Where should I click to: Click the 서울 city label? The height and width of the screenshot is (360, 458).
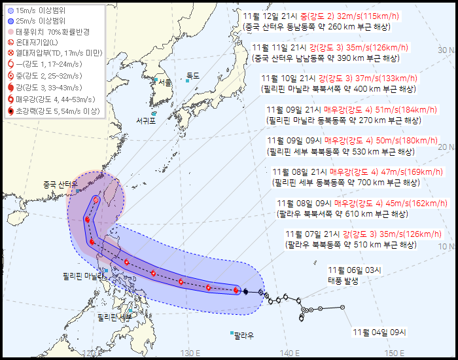[165, 82]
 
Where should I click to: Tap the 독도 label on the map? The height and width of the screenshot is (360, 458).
[193, 76]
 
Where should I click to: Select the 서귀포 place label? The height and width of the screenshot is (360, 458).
[147, 121]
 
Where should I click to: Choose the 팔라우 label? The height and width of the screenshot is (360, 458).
[243, 335]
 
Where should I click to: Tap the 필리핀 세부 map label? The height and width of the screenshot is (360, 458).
[114, 317]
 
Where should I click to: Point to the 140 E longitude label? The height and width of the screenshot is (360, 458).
[290, 353]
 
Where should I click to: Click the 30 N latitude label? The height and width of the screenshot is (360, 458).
[446, 50]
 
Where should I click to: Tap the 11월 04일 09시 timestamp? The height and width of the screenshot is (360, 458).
[379, 333]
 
